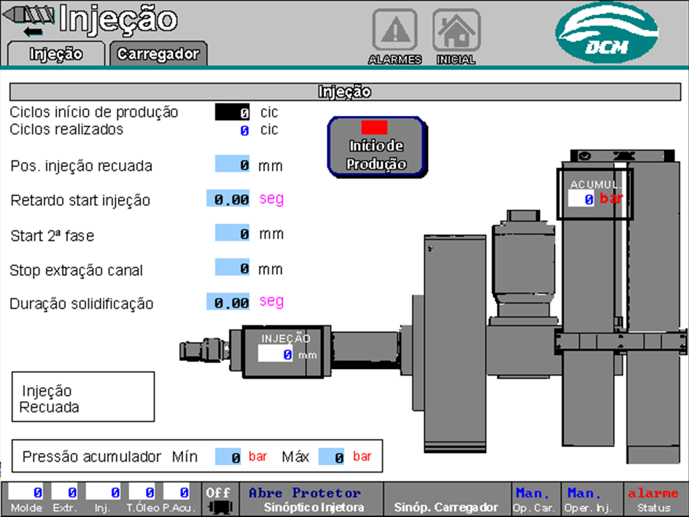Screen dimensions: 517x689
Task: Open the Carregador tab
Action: [158, 54]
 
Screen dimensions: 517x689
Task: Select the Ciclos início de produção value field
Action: [232, 112]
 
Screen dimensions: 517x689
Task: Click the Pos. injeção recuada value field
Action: [233, 164]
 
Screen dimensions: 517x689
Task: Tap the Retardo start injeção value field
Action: [229, 199]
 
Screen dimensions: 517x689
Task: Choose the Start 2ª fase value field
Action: [233, 234]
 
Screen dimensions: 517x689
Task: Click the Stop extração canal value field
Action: [233, 268]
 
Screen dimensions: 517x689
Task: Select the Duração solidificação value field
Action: [229, 303]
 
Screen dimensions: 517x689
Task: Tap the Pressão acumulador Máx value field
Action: [332, 457]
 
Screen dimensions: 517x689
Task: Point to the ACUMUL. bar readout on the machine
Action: [581, 199]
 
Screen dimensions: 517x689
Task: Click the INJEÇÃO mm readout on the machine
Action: [276, 354]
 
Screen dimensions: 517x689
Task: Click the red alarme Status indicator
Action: [653, 499]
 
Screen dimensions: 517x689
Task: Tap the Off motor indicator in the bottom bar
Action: [218, 499]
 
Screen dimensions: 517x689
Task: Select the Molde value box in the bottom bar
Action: [26, 493]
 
